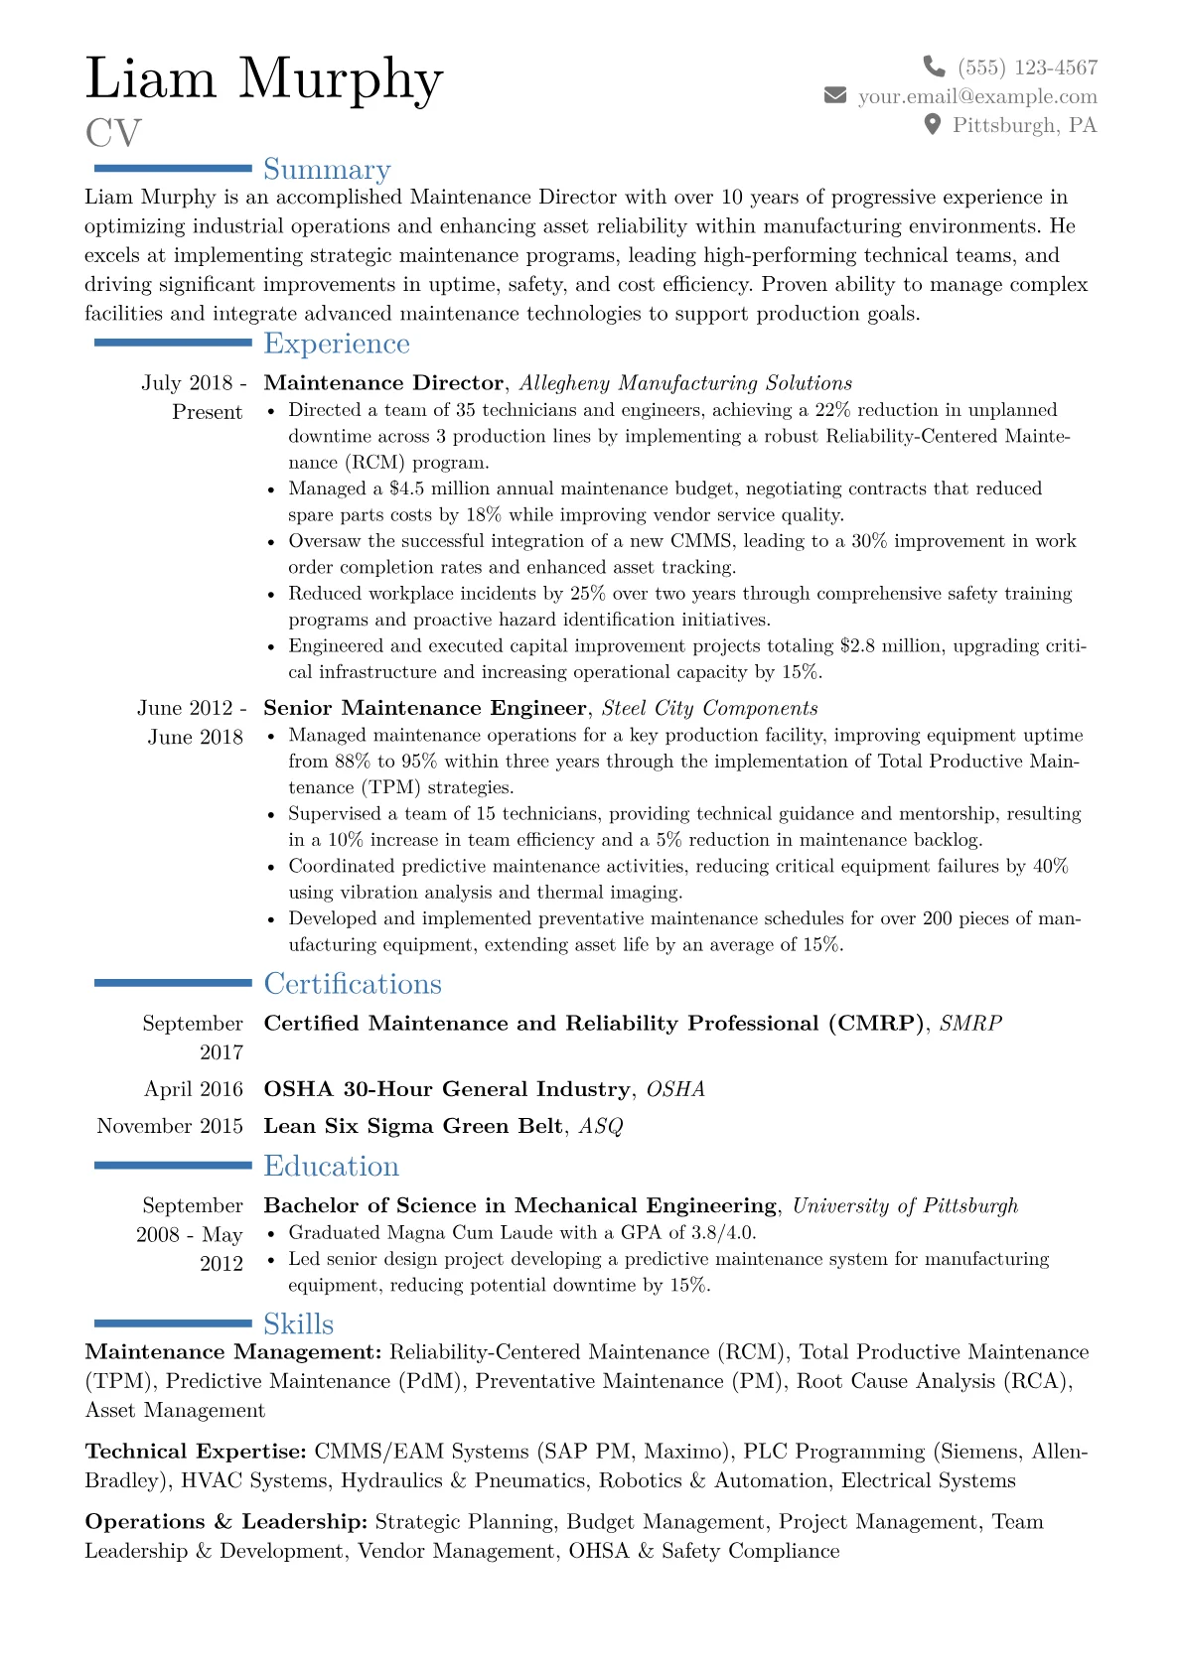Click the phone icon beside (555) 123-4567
tap(934, 67)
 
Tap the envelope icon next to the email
tap(835, 95)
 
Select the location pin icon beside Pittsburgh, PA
tap(932, 124)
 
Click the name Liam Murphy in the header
tap(264, 78)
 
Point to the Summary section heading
tap(327, 170)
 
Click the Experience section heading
tap(337, 344)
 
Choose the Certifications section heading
tap(353, 984)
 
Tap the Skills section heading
tap(298, 1323)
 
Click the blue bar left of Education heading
tap(173, 1166)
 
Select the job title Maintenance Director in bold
tap(383, 383)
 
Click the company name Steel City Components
tap(710, 708)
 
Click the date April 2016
tap(194, 1089)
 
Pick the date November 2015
tap(170, 1126)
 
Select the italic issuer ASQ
tap(601, 1126)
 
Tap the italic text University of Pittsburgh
tap(905, 1205)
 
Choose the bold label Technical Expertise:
tap(196, 1452)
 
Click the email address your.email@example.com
tap(977, 96)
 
